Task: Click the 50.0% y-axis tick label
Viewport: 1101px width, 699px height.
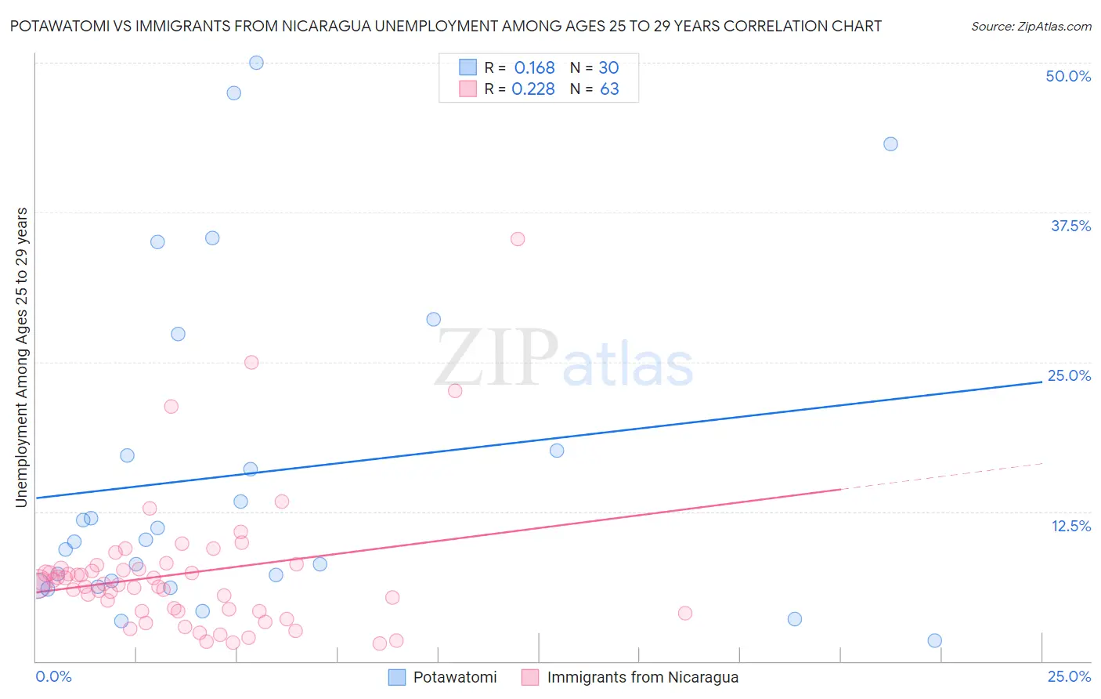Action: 1068,76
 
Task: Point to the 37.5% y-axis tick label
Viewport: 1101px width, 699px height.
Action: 1070,226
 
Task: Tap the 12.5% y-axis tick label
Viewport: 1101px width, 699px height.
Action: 1070,526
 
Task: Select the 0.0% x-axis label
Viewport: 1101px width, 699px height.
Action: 53,676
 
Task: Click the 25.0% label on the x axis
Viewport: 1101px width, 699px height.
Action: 1069,676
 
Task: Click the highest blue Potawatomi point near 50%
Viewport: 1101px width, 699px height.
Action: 256,63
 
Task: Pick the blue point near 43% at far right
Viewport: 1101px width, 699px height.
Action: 890,144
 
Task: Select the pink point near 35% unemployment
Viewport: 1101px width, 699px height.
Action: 518,239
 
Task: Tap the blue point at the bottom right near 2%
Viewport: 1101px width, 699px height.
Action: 934,641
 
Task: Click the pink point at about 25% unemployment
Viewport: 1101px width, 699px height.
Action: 251,362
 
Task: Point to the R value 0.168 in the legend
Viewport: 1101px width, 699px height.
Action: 534,68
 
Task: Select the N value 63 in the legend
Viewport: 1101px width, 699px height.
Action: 609,89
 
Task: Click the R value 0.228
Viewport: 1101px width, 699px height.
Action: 533,89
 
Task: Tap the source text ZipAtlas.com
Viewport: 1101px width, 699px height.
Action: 1031,26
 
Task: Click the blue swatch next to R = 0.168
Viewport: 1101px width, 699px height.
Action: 467,67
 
